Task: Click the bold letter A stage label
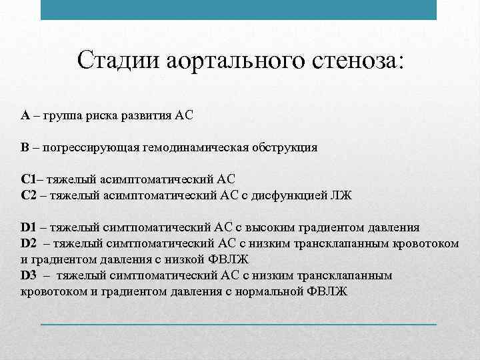click(25, 115)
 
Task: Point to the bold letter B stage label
click(25, 147)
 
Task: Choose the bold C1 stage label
click(28, 179)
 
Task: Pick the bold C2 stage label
click(28, 195)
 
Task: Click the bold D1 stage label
click(29, 227)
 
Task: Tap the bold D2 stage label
click(29, 243)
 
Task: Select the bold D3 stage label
click(29, 275)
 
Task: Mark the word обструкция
click(283, 147)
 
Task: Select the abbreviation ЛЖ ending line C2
click(342, 195)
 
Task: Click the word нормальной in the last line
click(277, 291)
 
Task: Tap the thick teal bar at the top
click(239, 9)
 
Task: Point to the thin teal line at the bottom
click(239, 324)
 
